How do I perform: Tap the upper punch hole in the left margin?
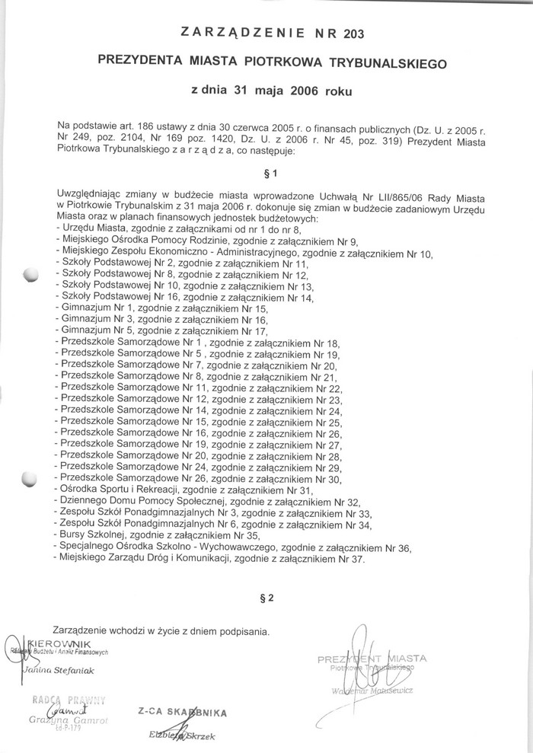tap(31, 274)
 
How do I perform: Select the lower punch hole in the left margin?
tap(30, 479)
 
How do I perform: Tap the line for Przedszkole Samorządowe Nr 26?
tap(198, 479)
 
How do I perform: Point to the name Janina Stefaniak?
tap(58, 670)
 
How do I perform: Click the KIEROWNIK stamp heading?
tap(61, 643)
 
